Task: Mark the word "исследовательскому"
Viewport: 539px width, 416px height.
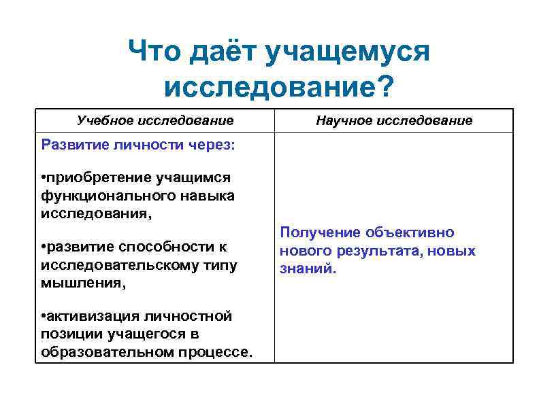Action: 117,265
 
